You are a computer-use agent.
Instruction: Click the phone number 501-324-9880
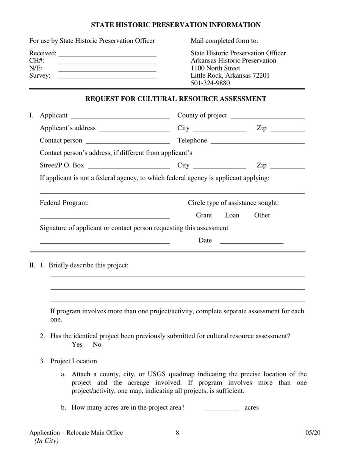(210, 83)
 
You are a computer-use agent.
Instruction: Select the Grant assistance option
(204, 215)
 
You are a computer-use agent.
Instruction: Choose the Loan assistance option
(232, 215)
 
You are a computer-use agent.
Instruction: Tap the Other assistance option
(262, 215)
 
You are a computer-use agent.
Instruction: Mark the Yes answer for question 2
(77, 344)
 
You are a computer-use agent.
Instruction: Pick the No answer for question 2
(97, 344)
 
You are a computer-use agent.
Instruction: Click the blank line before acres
(221, 410)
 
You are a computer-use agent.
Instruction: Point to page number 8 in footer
(177, 433)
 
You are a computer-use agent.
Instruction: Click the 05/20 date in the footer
(313, 433)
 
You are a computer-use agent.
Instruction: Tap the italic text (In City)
(47, 441)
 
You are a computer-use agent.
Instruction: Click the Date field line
(251, 242)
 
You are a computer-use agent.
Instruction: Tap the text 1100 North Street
(215, 68)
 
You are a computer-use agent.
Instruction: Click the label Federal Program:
(64, 203)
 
